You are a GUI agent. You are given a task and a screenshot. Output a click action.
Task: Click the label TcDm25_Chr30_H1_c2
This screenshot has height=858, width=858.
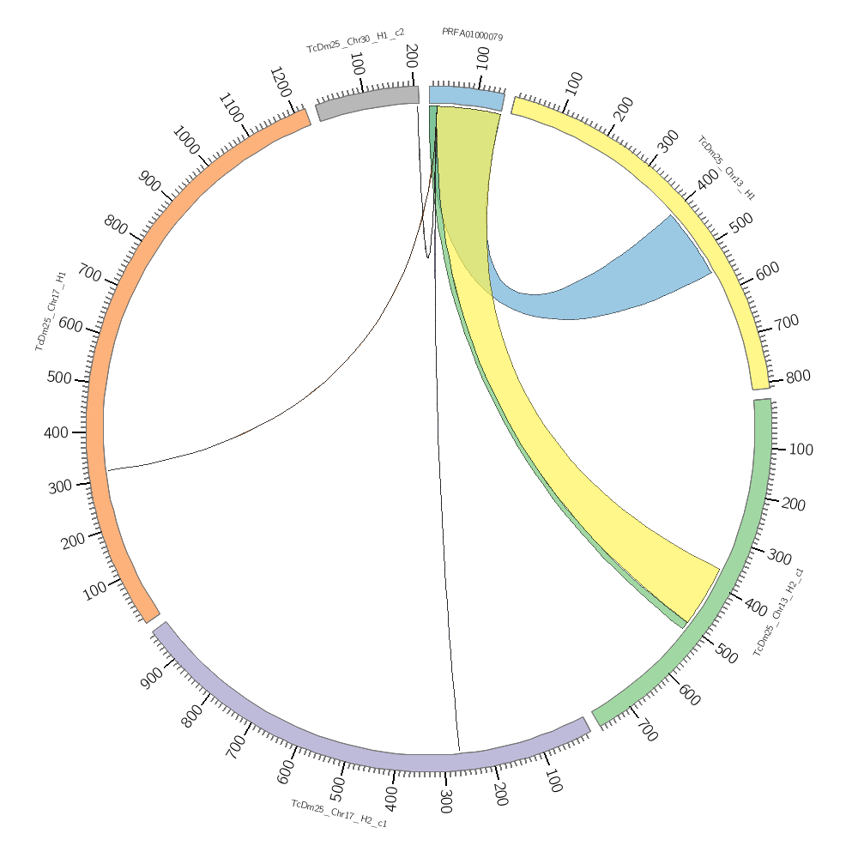coord(355,40)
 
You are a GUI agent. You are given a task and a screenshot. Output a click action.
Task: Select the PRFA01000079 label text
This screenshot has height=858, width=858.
coord(472,34)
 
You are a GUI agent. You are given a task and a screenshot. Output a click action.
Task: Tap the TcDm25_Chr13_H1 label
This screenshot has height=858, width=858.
coord(726,167)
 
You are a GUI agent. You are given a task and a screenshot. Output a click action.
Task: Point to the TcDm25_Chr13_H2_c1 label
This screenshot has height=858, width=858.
coord(779,612)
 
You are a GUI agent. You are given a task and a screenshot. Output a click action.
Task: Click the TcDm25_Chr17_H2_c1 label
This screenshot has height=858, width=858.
coord(339,813)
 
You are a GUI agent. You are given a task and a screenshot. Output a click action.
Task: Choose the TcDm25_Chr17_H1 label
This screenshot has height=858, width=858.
coord(51,311)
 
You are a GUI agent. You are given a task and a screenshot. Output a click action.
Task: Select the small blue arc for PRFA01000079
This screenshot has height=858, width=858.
coord(467,97)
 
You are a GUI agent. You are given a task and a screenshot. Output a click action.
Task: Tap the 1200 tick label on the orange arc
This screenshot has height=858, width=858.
coord(282,82)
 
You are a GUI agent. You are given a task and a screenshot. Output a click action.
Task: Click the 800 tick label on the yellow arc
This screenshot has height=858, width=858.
coord(797,377)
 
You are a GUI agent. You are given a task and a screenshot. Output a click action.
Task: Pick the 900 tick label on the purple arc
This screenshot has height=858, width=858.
coord(151,677)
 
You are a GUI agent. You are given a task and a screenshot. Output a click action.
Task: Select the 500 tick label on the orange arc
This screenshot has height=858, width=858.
coord(59,378)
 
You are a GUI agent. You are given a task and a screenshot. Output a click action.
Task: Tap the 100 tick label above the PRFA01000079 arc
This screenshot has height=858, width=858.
coord(483,58)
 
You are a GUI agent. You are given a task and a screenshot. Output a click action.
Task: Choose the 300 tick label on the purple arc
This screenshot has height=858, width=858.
coord(445,801)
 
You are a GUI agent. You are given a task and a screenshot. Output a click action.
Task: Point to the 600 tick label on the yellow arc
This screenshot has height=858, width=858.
coord(766,269)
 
